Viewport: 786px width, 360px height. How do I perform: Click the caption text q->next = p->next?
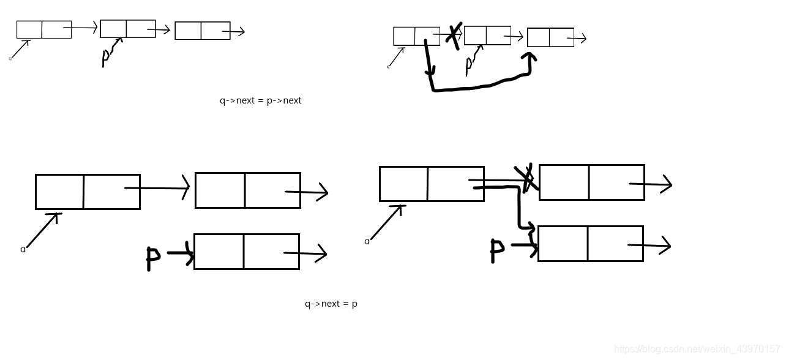pos(260,100)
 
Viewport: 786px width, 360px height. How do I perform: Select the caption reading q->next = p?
pos(331,304)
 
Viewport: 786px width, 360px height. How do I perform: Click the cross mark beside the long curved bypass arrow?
pos(454,36)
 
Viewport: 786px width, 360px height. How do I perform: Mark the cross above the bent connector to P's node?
pos(526,178)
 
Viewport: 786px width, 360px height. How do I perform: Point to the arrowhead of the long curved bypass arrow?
pos(530,57)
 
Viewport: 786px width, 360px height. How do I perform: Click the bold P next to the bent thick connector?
pos(496,250)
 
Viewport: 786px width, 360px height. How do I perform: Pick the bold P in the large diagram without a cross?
pos(152,258)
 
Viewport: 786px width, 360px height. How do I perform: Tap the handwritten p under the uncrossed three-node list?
pos(105,57)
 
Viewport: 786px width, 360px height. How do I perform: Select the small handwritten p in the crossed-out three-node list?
pos(469,64)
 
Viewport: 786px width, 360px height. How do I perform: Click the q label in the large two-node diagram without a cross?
pos(23,249)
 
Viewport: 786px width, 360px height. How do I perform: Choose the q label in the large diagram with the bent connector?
pos(367,241)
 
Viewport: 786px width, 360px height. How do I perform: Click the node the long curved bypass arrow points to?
pos(550,37)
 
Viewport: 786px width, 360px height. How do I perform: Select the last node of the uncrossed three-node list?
pos(202,31)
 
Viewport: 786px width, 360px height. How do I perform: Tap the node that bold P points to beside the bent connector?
pos(590,244)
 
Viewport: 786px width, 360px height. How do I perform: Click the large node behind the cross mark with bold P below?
pos(591,182)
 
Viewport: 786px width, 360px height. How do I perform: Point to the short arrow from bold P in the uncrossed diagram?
pos(180,252)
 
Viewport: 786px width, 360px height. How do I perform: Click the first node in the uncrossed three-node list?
pos(44,29)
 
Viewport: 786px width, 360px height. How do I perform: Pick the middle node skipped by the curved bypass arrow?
pos(487,36)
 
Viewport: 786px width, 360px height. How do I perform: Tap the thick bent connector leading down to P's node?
pos(519,208)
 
